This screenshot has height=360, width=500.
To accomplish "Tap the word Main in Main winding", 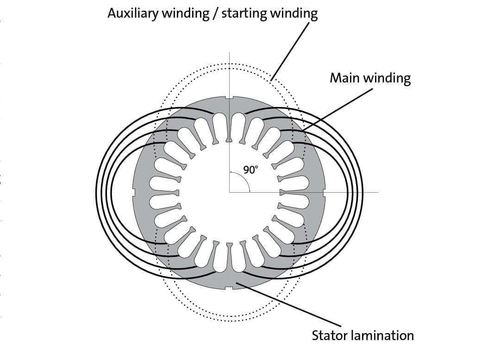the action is click(x=345, y=77).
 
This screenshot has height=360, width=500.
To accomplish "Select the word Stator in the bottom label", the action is click(x=329, y=335).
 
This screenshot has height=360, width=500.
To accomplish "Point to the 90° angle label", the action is click(x=250, y=170).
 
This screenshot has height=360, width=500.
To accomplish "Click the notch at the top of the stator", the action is click(x=229, y=98).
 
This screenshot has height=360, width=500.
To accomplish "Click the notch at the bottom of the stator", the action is click(x=229, y=288).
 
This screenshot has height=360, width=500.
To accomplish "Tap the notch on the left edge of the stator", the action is click(x=134, y=192).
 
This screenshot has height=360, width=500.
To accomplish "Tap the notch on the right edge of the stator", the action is click(x=324, y=192).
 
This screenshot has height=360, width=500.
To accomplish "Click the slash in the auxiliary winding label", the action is click(x=216, y=14).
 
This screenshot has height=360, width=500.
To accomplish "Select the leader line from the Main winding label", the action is click(x=337, y=110).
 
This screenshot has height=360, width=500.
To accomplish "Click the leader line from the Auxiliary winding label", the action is click(x=290, y=51).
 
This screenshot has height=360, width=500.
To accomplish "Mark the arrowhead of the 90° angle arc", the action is click(x=250, y=190).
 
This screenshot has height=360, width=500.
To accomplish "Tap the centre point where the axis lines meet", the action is click(x=230, y=192).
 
